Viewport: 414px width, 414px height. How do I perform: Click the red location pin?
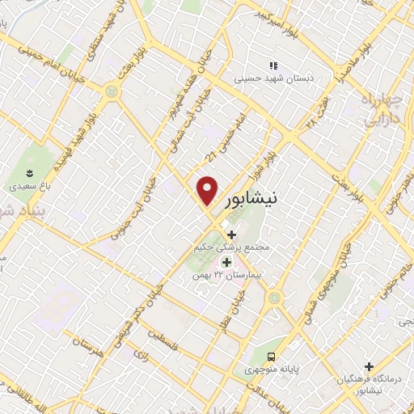tap(208, 190)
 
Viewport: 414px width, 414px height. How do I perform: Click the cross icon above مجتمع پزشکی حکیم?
tap(231, 234)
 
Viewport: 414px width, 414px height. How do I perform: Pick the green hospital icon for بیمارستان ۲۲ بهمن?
tap(226, 261)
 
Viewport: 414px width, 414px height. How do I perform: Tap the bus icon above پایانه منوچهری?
tap(272, 357)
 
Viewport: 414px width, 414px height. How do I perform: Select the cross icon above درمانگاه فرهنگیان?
tap(370, 366)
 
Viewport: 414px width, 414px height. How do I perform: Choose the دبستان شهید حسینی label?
tap(272, 79)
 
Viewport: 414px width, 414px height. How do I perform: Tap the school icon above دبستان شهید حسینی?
tap(272, 65)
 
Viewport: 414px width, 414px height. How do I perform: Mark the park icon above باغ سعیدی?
tap(31, 172)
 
